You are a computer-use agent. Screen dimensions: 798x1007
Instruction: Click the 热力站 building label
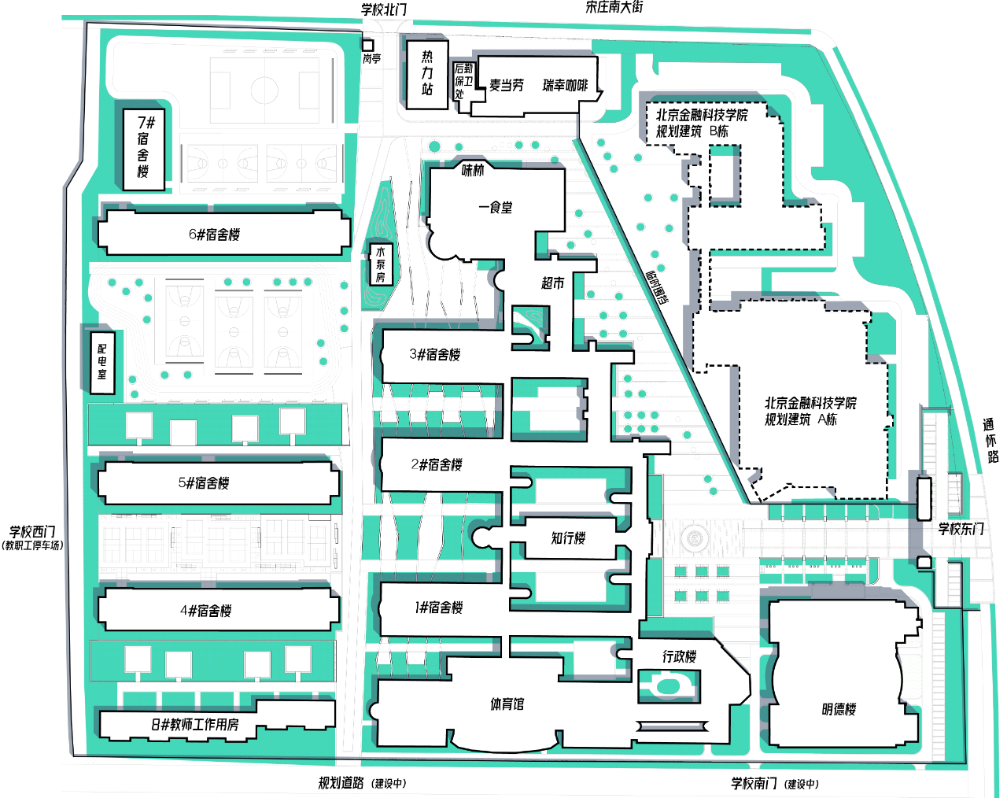click(427, 73)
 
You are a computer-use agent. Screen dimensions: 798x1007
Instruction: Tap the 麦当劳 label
click(506, 86)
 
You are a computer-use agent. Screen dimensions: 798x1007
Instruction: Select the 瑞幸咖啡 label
click(565, 86)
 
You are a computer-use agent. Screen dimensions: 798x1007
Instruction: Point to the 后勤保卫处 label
click(463, 81)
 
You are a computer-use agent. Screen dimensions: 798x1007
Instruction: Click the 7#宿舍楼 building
click(144, 148)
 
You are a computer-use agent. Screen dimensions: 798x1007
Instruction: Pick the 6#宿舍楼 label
click(214, 235)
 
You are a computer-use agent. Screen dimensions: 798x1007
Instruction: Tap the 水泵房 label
click(381, 264)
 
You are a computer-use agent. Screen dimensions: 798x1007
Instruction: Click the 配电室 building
click(102, 360)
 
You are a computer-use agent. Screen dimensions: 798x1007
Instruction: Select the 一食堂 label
click(496, 208)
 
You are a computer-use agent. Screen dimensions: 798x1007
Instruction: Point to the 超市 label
click(552, 283)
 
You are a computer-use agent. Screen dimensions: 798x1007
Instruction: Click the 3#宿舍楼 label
click(434, 354)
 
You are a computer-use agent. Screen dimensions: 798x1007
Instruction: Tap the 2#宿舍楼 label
click(437, 464)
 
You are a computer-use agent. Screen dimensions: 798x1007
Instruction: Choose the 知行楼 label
click(568, 538)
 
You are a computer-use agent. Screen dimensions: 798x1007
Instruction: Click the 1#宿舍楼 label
click(439, 608)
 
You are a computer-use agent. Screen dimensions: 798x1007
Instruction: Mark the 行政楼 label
click(679, 656)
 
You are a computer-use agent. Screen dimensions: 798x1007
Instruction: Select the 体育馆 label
click(507, 704)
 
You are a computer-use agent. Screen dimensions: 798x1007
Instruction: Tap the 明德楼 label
click(839, 709)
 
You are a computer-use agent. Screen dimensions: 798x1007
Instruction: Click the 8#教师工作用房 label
click(195, 724)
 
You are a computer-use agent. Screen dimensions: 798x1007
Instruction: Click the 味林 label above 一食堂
click(473, 170)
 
